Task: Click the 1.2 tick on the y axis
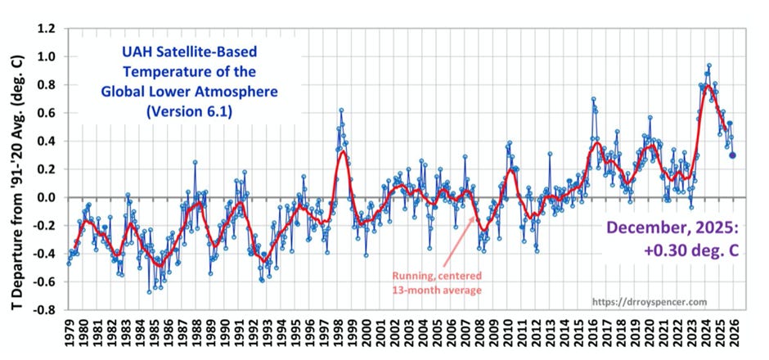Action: coord(47,29)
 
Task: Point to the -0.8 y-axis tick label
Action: coord(45,311)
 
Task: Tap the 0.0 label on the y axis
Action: coord(47,198)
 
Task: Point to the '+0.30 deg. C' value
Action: coord(676,252)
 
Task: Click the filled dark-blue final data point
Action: coord(732,155)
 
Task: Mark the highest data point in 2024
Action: coord(708,65)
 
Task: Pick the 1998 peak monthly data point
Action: coord(340,110)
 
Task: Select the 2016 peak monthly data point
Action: coord(593,99)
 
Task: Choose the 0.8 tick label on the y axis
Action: coord(47,85)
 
